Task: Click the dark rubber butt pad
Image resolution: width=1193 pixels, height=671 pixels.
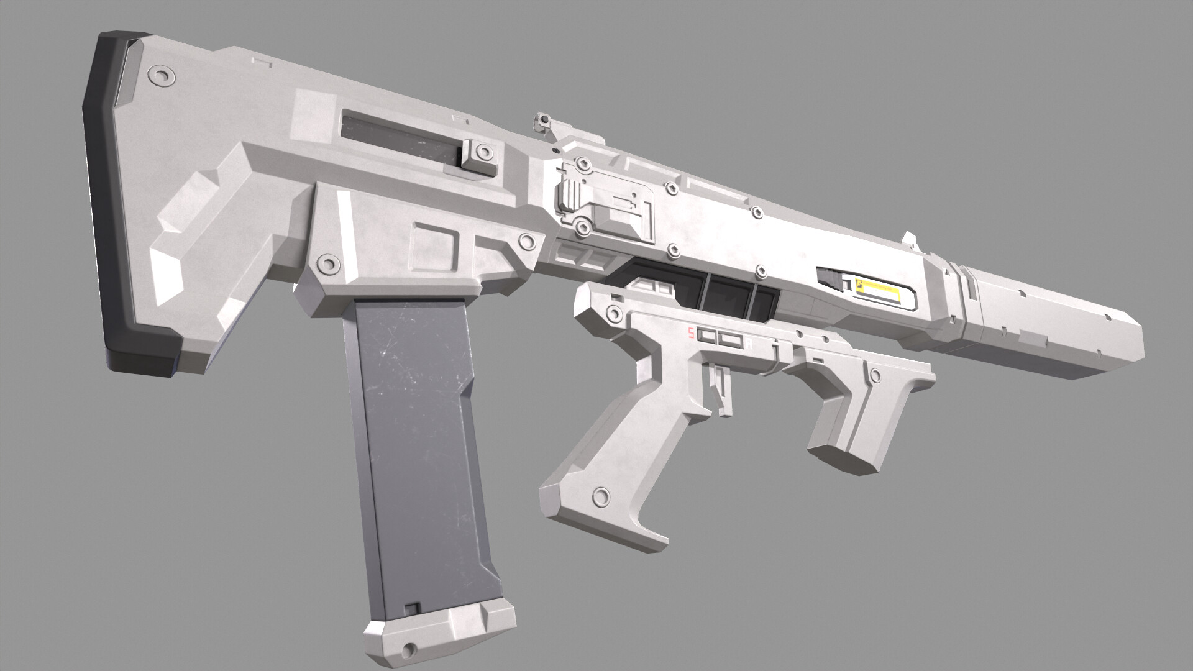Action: click(106, 205)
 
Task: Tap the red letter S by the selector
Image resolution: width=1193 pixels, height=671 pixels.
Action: click(690, 334)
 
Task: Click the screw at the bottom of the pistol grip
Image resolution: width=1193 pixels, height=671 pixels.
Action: click(601, 496)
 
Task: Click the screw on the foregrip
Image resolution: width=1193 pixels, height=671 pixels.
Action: click(875, 375)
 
